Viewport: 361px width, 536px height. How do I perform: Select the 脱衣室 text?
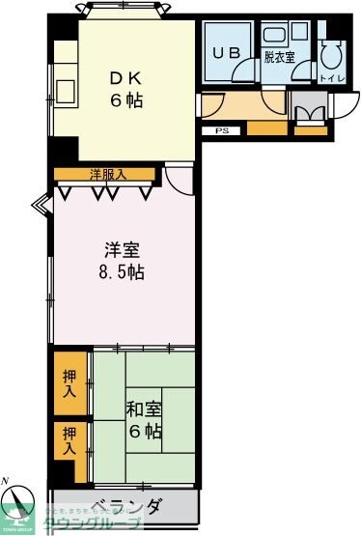(279, 57)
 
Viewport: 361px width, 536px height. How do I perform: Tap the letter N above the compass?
(7, 480)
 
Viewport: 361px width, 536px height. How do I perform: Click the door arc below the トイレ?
(341, 105)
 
